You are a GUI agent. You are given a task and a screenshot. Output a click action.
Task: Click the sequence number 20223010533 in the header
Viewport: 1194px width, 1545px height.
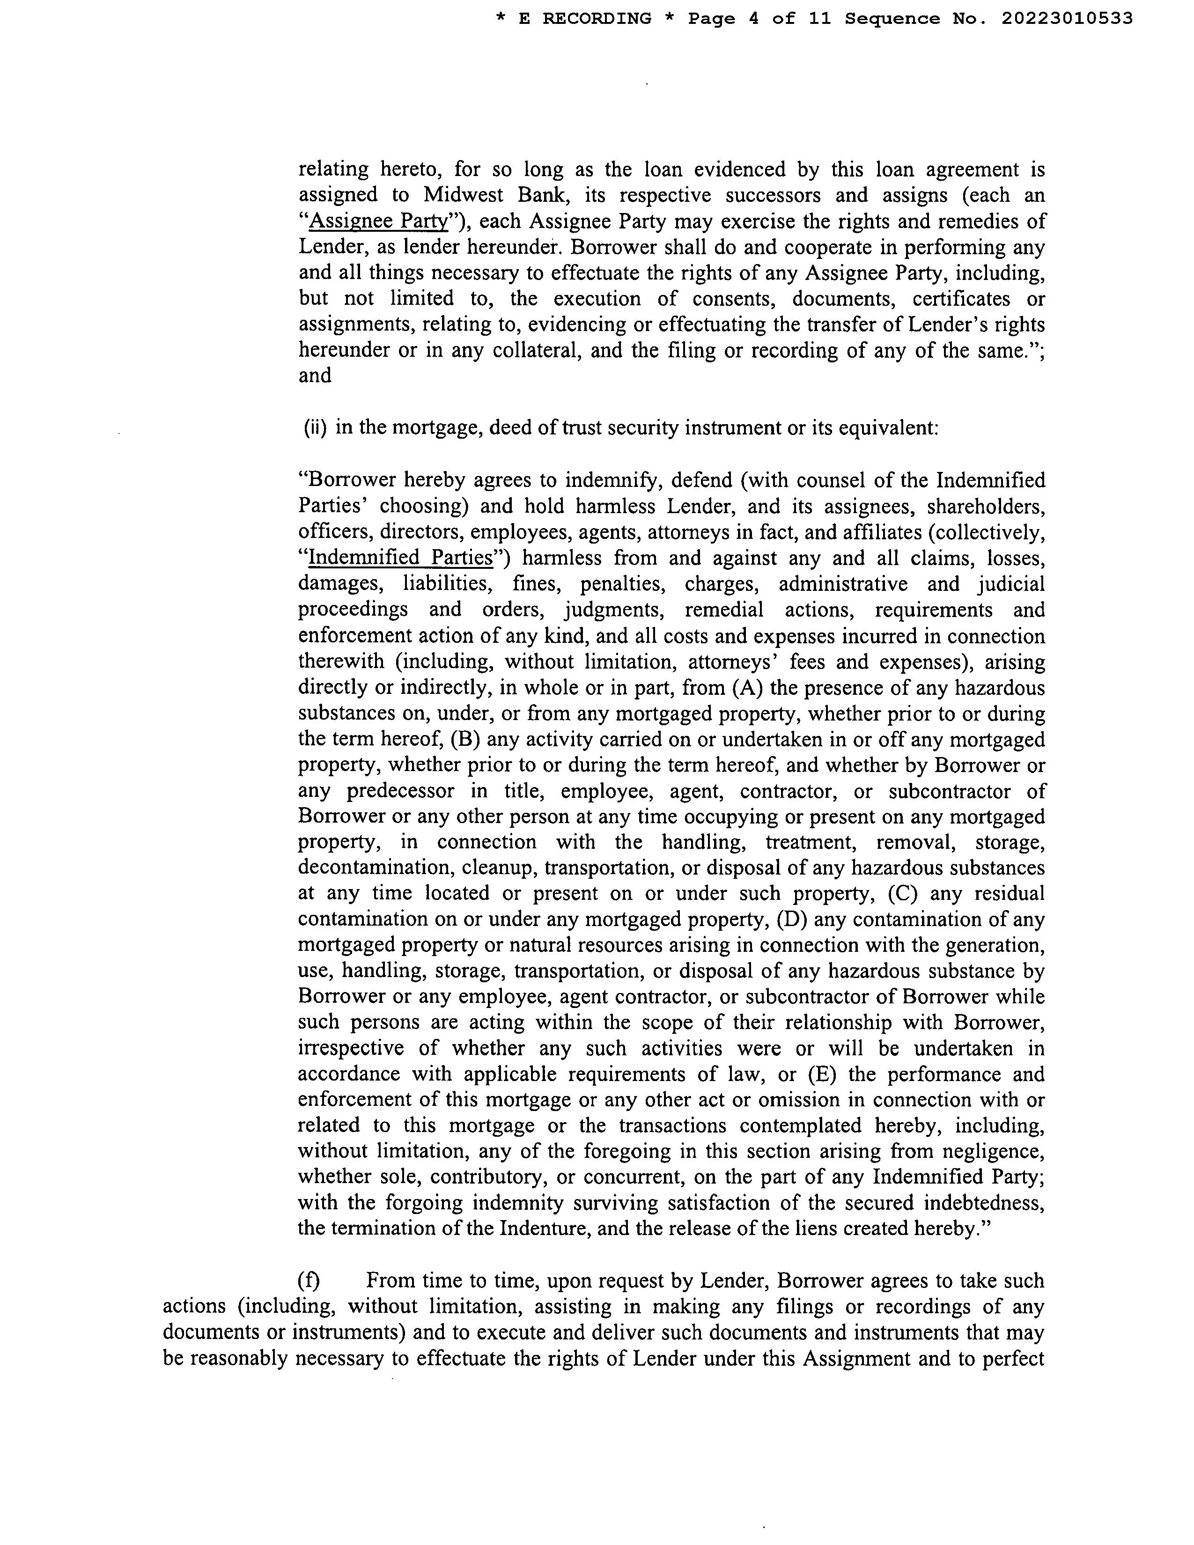point(1067,19)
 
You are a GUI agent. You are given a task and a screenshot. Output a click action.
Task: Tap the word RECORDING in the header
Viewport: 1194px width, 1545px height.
point(597,19)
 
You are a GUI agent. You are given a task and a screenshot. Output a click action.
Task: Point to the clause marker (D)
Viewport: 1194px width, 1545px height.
point(792,920)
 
